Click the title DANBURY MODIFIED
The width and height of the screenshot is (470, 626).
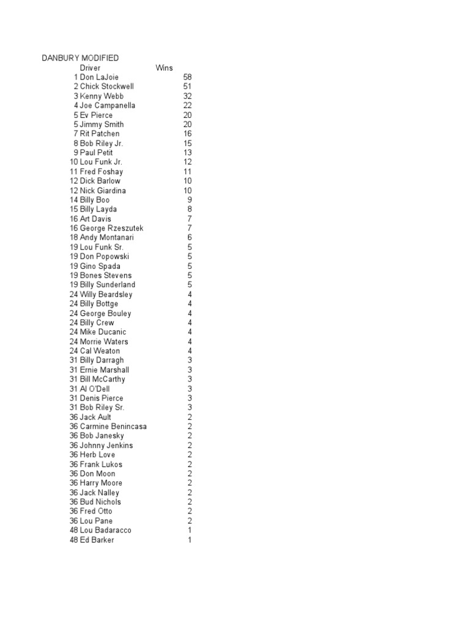point(80,58)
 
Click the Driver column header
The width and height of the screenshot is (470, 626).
point(90,68)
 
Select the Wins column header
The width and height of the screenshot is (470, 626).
point(164,68)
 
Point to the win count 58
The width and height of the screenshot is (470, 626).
point(187,77)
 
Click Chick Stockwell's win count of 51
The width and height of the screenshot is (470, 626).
point(187,87)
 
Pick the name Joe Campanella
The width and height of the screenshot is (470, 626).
point(108,106)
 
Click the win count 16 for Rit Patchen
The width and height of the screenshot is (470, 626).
point(187,134)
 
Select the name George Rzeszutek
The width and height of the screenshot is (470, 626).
point(112,228)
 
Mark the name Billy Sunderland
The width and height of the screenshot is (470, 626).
point(108,285)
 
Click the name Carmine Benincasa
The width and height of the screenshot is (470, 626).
point(113,427)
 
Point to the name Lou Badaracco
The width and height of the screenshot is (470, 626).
point(105,531)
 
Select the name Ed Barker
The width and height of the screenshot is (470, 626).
point(97,540)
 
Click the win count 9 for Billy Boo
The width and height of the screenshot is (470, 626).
point(190,200)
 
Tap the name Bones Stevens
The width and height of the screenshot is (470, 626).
point(105,276)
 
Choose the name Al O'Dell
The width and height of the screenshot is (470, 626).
point(95,389)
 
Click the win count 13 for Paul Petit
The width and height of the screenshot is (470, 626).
point(187,153)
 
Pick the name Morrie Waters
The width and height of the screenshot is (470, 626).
point(104,342)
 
